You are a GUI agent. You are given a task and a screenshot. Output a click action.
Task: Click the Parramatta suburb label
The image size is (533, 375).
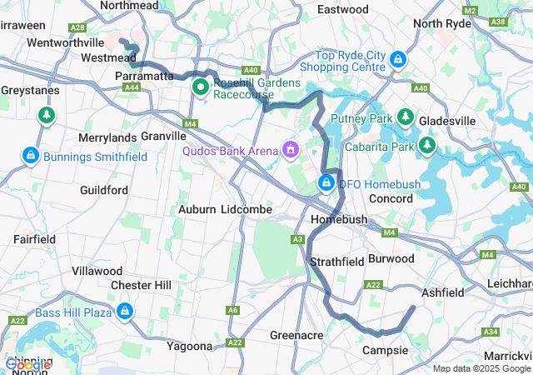pos(143,76)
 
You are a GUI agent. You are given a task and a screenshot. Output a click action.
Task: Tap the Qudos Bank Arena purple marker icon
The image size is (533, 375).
pos(291,150)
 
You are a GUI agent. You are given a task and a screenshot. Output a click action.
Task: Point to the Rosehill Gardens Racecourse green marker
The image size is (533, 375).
pos(201,87)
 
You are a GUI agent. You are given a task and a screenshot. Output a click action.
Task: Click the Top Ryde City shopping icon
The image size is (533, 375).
pos(398,59)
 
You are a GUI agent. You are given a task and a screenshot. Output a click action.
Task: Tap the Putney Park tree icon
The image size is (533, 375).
pos(406,117)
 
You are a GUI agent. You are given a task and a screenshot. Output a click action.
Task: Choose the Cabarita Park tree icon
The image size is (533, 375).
pos(428,146)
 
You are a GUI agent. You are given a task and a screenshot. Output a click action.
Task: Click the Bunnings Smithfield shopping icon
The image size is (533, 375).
pos(31,156)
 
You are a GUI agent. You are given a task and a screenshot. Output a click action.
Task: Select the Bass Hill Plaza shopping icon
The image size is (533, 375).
pos(124,312)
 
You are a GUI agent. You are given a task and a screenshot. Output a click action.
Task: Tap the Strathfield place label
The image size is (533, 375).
pos(337,262)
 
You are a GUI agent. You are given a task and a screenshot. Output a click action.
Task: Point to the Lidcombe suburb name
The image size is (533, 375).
pos(246,210)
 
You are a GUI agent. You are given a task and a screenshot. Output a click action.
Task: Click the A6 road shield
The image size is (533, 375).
pos(232,310)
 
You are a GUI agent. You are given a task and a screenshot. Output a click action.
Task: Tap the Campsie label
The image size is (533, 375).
pos(385,350)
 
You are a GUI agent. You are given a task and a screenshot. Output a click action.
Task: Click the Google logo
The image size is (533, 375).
pos(27,364)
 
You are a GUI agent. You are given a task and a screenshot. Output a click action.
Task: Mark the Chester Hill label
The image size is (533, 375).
pos(141,285)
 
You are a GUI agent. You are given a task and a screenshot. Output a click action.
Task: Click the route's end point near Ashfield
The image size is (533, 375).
pos(413,308)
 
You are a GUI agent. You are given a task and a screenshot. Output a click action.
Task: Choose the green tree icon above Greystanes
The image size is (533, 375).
pos(47,114)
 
